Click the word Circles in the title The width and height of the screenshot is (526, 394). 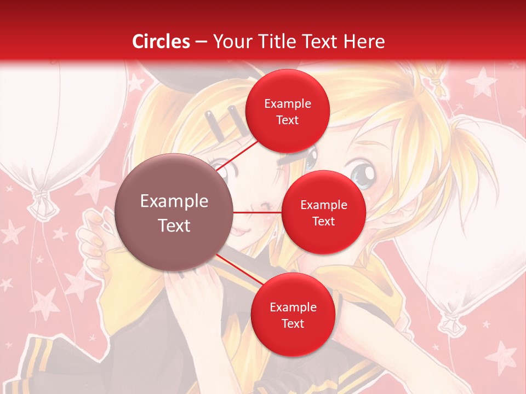tap(161, 42)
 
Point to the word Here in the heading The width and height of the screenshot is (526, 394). tap(364, 42)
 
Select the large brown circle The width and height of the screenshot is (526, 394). tap(174, 212)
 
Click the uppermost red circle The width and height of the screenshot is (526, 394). tap(287, 111)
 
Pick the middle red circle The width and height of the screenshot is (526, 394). tap(323, 212)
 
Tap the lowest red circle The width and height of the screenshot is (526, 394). tap(293, 315)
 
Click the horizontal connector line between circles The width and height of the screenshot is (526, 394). tap(257, 212)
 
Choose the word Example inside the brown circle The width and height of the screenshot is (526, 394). tap(174, 201)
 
